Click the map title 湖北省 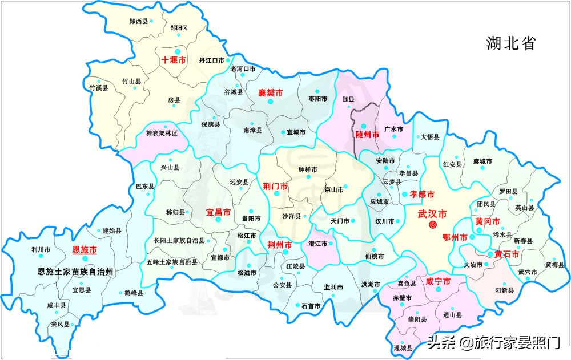(x=511, y=43)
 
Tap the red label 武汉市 (x=432, y=214)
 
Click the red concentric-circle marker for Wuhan (x=432, y=225)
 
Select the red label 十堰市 (x=174, y=59)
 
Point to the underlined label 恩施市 (x=84, y=250)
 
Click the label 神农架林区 (x=162, y=133)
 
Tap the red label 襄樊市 (x=270, y=92)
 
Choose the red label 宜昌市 (x=218, y=212)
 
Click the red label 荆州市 (x=280, y=244)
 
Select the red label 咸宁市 (x=438, y=281)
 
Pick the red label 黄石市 (x=506, y=254)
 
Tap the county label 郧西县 (x=138, y=21)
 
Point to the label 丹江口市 (x=211, y=60)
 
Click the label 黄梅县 (x=554, y=265)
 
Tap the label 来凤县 (x=59, y=324)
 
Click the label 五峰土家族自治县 (x=172, y=262)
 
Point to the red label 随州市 (x=367, y=136)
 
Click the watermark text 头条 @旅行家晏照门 (x=494, y=343)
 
